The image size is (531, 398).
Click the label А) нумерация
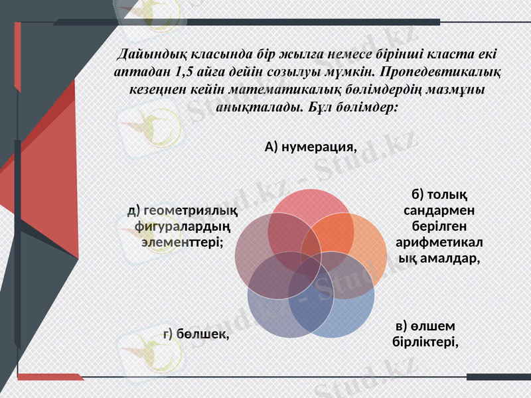(x=311, y=147)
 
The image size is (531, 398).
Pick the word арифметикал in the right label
(x=438, y=241)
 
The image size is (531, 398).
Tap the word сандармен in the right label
(x=438, y=210)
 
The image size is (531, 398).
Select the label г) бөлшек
(x=196, y=334)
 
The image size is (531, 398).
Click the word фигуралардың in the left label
(x=183, y=227)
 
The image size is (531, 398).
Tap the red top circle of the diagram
(x=310, y=211)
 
